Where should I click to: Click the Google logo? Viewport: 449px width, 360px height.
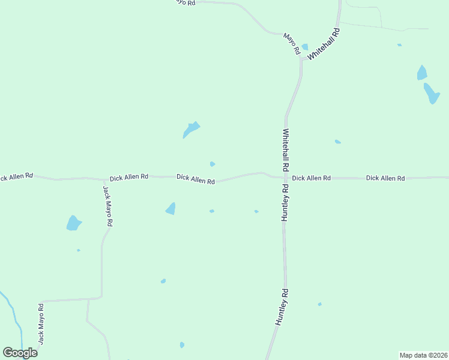pos(20,353)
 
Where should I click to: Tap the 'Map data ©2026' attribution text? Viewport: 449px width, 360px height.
pos(423,355)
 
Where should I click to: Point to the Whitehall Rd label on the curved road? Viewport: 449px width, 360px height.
pos(325,44)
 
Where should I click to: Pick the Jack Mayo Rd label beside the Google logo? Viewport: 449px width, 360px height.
pos(41,323)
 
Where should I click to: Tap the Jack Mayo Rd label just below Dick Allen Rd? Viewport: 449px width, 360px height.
pos(107,205)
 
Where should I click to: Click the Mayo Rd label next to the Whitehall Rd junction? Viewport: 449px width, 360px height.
pos(292,44)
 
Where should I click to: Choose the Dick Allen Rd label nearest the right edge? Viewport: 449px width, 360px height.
pos(385,178)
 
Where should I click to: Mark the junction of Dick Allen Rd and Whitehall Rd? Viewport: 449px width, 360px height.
pos(283,177)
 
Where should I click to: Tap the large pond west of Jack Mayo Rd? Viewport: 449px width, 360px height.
pos(73,223)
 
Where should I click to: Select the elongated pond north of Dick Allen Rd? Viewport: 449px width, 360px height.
pos(191,130)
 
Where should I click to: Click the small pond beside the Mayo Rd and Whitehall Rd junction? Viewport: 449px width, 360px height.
pos(305,47)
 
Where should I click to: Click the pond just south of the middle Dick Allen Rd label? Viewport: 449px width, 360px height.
pos(171,209)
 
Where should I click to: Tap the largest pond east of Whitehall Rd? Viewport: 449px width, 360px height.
pos(432,94)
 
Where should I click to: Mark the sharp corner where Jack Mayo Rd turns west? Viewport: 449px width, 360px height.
pos(101,297)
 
